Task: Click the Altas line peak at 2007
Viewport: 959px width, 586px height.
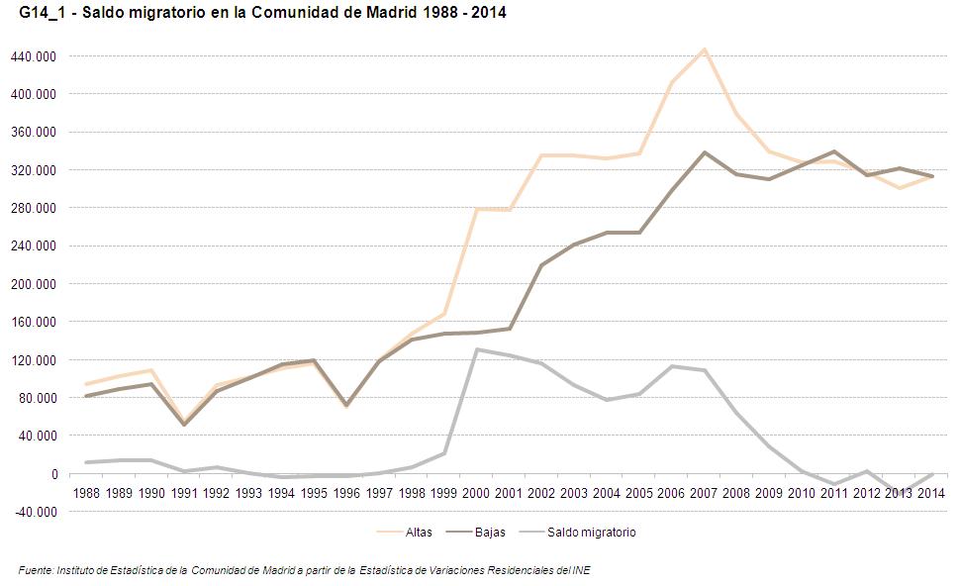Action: (x=704, y=49)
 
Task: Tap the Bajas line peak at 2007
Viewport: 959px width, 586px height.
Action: (x=704, y=152)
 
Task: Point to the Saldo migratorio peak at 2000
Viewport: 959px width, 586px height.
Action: (x=476, y=349)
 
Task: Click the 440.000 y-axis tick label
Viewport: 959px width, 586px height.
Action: (x=34, y=56)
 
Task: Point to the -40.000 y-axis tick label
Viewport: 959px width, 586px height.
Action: (x=34, y=512)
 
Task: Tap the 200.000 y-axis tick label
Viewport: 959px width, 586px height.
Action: (x=34, y=284)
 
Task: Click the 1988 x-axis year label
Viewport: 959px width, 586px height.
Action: (x=87, y=492)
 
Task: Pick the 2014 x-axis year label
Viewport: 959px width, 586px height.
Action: (x=932, y=492)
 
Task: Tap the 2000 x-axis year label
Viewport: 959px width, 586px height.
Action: (x=476, y=492)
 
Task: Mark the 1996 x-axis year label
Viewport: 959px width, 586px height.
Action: (x=346, y=492)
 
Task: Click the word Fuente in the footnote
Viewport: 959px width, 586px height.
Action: (x=36, y=570)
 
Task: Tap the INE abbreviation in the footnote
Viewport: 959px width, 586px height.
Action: (x=582, y=570)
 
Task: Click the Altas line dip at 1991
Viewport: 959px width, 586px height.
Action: (x=184, y=422)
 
